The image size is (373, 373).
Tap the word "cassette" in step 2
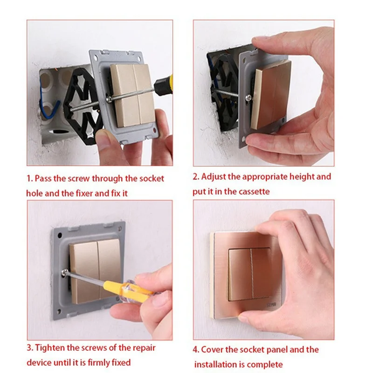[x=254, y=192]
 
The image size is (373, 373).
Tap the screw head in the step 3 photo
[x=65, y=272]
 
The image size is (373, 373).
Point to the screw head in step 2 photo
[x=249, y=97]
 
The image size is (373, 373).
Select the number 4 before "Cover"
[x=195, y=350]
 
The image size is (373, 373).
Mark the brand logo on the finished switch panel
[x=272, y=304]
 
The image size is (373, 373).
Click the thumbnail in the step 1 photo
[x=103, y=138]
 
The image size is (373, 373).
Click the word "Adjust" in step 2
[x=214, y=177]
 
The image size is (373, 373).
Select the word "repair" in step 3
[x=144, y=348]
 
